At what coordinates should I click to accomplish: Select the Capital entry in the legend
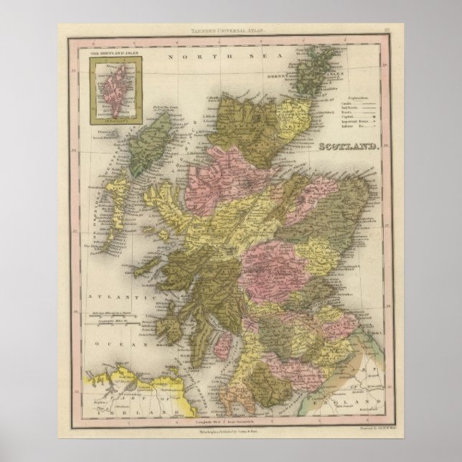point(347,118)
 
